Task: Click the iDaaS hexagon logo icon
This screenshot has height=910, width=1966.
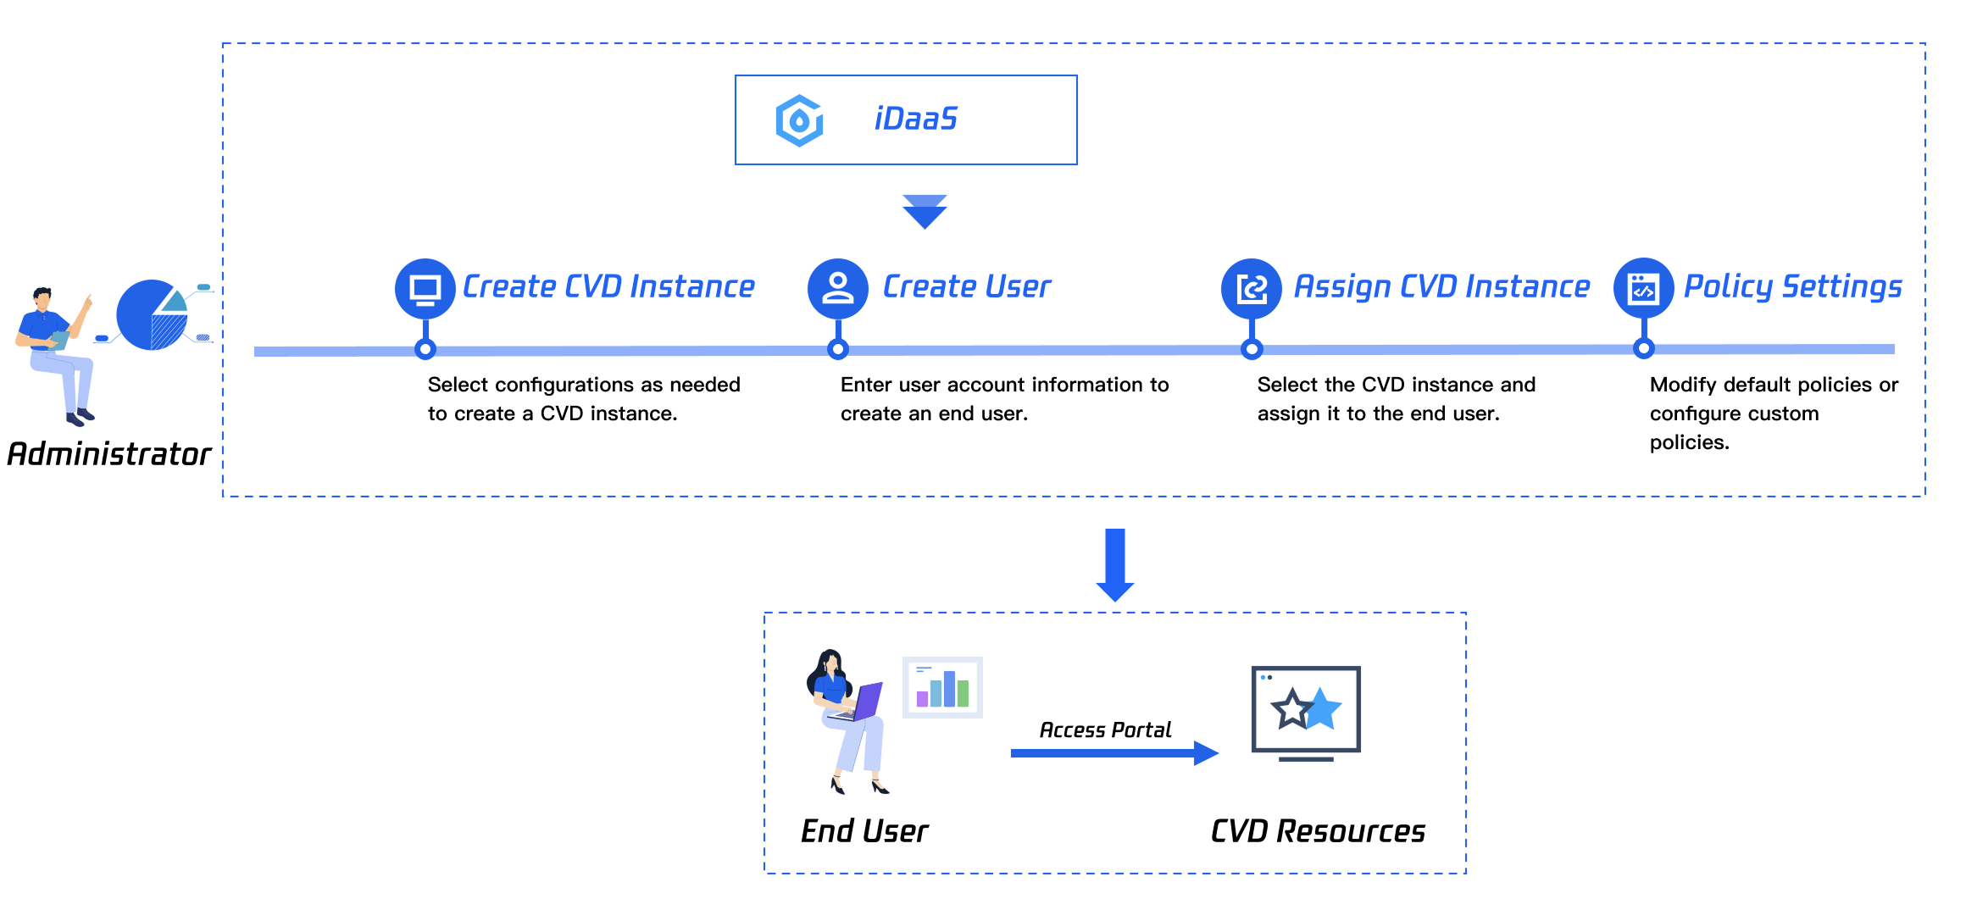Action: [x=799, y=120]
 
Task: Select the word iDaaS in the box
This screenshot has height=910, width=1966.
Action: [x=915, y=119]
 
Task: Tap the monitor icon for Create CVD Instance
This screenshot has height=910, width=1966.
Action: [x=425, y=288]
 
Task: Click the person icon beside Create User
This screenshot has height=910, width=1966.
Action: [x=838, y=288]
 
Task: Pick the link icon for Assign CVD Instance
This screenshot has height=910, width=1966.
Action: [x=1252, y=288]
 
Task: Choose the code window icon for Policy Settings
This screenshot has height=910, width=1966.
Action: [x=1644, y=288]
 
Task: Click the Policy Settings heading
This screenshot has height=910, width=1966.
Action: [x=1792, y=286]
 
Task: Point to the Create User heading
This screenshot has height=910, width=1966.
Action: [x=966, y=286]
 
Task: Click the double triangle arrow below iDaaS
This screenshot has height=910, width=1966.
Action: [x=925, y=212]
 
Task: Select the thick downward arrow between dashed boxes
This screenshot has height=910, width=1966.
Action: [x=1115, y=564]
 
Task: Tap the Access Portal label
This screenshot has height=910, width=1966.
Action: [x=1105, y=730]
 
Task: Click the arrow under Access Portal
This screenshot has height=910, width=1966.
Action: [x=1114, y=752]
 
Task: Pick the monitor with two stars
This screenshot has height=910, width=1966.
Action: [x=1306, y=712]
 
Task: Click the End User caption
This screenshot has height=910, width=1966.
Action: [x=864, y=831]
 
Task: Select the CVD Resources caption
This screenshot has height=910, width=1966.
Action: [x=1318, y=831]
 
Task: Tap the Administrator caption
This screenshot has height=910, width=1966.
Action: [x=109, y=454]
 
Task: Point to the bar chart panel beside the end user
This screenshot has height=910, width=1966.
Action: [x=942, y=687]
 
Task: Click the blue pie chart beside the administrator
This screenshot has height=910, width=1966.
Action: [x=152, y=314]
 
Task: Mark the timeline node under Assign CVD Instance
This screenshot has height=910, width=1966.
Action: [x=1252, y=349]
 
